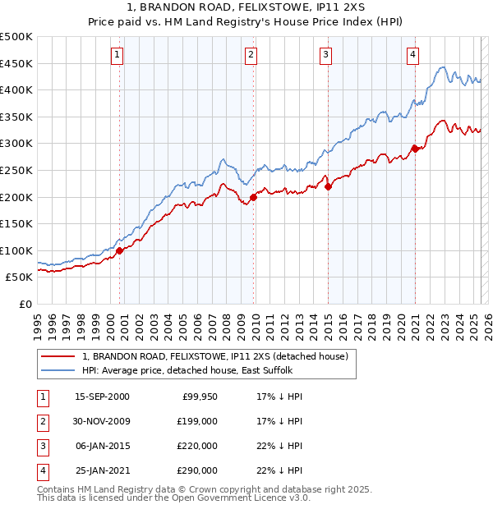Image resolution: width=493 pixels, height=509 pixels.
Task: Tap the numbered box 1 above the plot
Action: (x=117, y=55)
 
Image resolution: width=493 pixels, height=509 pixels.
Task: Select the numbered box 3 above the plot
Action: (x=326, y=55)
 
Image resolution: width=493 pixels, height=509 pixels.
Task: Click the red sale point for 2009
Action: (x=254, y=197)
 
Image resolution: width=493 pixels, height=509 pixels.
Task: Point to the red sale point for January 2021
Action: (x=416, y=149)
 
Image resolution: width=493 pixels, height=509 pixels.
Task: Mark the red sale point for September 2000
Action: (x=120, y=250)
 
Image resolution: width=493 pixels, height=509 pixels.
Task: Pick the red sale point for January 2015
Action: (x=328, y=186)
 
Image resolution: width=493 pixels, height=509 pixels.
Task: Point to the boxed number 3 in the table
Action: (x=42, y=446)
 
